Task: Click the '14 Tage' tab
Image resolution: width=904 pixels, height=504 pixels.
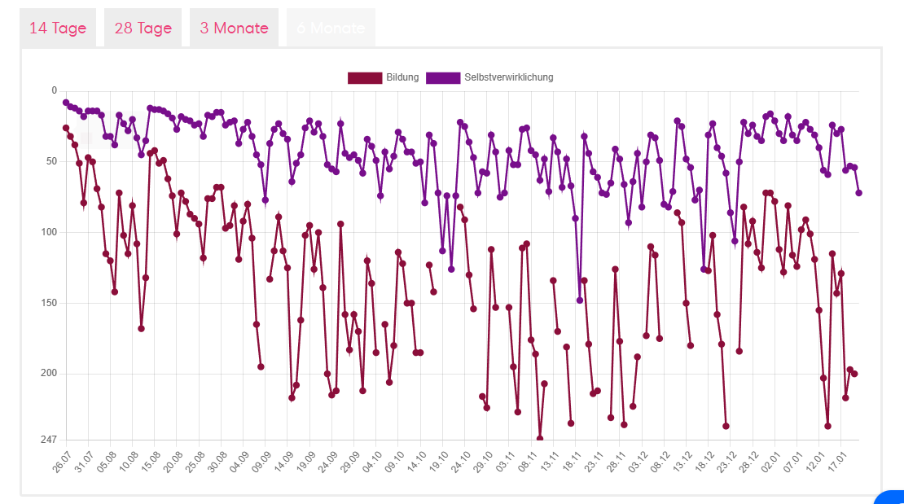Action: pos(58,28)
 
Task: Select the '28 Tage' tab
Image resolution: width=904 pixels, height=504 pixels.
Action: pos(143,28)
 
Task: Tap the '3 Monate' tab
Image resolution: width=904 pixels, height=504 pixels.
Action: pos(234,28)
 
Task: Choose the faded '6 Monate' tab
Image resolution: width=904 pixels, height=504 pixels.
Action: pos(331,28)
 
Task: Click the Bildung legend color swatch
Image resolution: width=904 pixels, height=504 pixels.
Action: pos(364,77)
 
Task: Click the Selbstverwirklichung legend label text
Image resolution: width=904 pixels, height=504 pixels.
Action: pos(508,77)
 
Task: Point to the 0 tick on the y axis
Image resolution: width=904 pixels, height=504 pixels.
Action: pos(54,90)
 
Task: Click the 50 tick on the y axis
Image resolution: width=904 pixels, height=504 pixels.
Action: pos(51,161)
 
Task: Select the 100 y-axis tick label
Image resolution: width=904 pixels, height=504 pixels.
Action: pos(49,232)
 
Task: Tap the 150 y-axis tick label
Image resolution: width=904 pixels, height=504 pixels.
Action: pos(49,303)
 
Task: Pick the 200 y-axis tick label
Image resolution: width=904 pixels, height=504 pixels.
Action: pos(49,374)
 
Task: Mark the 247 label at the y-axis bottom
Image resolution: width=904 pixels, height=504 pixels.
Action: pos(49,440)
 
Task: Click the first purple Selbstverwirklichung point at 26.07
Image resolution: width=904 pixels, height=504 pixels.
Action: pos(66,103)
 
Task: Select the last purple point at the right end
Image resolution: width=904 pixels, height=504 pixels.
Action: pos(859,193)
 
